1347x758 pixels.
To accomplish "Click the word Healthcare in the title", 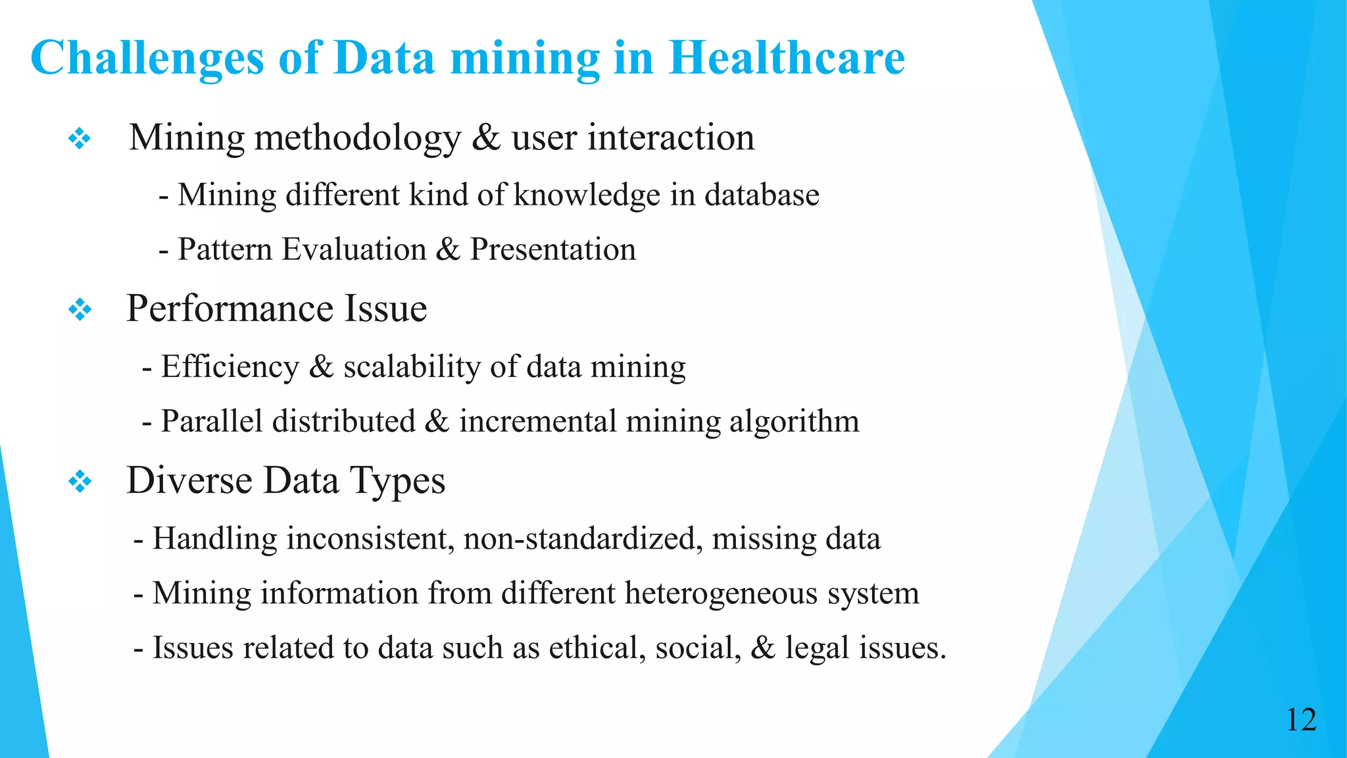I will [787, 58].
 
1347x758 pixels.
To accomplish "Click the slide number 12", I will [1301, 720].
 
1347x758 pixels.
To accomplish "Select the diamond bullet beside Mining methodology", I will [80, 139].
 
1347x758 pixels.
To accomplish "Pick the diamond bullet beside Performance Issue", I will [80, 309].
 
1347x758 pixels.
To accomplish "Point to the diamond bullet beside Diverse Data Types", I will [80, 482].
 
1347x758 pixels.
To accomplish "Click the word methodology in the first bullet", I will [358, 139].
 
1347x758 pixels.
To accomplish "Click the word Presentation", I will [552, 249].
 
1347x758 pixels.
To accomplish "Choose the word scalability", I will [412, 367].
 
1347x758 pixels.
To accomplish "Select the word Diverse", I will [189, 480].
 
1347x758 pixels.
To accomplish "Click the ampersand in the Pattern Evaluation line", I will [448, 249].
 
